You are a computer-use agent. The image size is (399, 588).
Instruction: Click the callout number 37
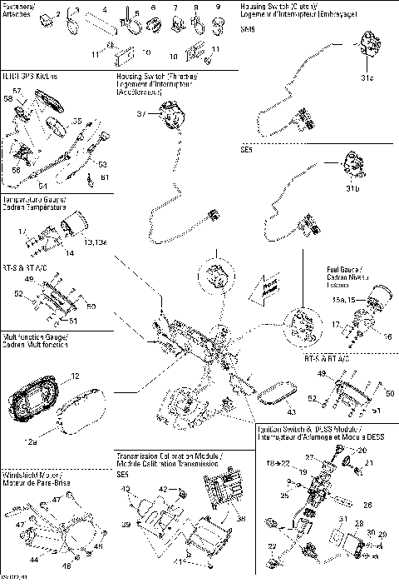pyautogui.click(x=141, y=112)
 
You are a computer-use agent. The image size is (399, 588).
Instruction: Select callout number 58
pyautogui.click(x=8, y=99)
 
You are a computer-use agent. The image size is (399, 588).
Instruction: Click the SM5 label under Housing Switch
pyautogui.click(x=246, y=28)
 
